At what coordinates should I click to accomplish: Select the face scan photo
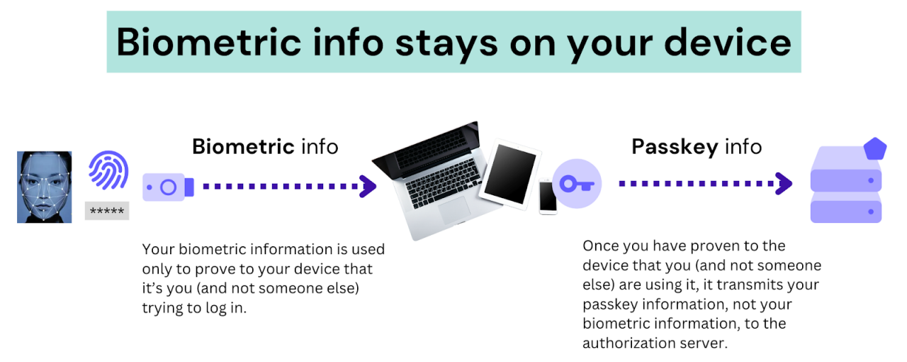pyautogui.click(x=45, y=187)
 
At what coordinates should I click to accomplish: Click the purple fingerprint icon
pyautogui.click(x=108, y=173)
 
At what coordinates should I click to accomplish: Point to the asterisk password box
pyautogui.click(x=107, y=211)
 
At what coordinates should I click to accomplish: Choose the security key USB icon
pyautogui.click(x=167, y=187)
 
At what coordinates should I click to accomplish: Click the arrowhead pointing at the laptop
pyautogui.click(x=368, y=187)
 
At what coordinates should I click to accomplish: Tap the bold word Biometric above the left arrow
pyautogui.click(x=243, y=147)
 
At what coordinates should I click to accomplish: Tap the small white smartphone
pyautogui.click(x=548, y=197)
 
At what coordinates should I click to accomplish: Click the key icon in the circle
pyautogui.click(x=576, y=184)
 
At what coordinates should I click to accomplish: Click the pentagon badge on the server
pyautogui.click(x=875, y=149)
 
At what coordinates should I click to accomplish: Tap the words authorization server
pyautogui.click(x=651, y=343)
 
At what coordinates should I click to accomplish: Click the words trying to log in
pyautogui.click(x=194, y=308)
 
